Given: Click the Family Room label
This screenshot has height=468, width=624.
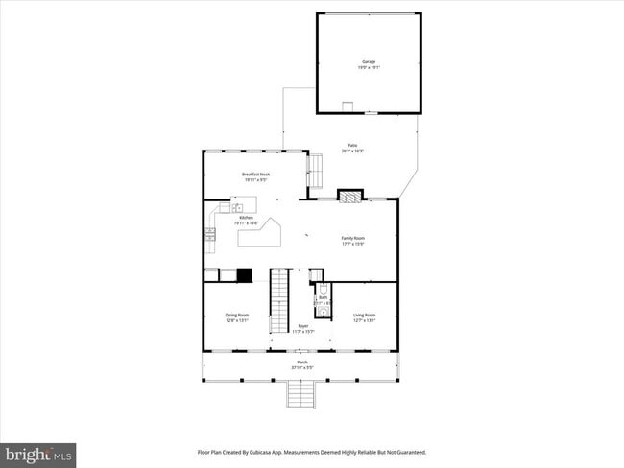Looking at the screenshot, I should (353, 240).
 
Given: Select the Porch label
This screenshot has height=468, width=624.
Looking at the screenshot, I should (302, 364).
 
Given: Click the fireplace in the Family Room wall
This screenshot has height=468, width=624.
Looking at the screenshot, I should (351, 196).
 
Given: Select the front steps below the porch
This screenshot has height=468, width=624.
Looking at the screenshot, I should (301, 393).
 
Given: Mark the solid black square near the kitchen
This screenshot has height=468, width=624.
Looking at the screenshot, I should (245, 274).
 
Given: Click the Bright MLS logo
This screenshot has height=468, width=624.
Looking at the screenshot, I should (38, 455).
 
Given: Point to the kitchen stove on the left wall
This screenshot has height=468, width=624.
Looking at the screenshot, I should (209, 235).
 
